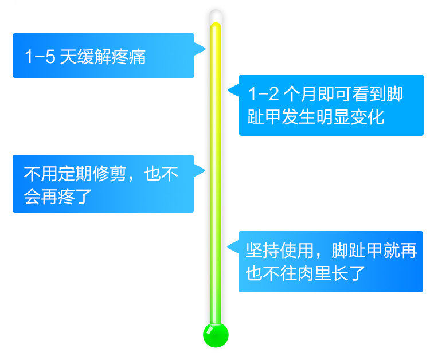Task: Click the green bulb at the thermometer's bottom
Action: point(216,335)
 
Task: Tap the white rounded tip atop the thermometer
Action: point(216,15)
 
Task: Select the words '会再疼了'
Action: point(57,197)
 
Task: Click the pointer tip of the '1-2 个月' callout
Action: point(229,91)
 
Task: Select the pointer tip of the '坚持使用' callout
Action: point(228,248)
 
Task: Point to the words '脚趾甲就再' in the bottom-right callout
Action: point(376,251)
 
